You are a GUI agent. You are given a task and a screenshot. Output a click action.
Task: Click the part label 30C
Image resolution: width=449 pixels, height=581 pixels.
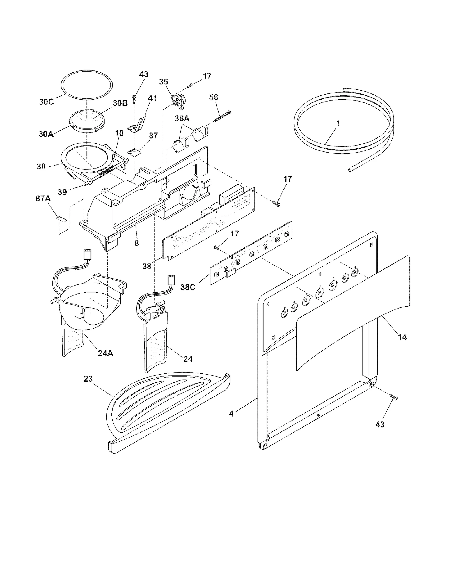tap(46, 102)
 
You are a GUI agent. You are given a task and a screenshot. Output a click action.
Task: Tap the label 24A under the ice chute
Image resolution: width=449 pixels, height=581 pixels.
tap(106, 353)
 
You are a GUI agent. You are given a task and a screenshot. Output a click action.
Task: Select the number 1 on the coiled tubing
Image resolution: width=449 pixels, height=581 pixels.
tap(338, 123)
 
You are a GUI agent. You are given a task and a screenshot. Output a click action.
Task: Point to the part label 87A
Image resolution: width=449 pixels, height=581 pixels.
tap(43, 199)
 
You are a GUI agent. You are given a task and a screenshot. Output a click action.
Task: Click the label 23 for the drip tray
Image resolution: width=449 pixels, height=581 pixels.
tap(88, 379)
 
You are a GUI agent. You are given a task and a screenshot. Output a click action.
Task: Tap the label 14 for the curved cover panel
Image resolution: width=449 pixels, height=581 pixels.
tap(402, 337)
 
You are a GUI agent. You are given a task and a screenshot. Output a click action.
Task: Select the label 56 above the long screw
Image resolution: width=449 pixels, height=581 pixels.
tap(214, 97)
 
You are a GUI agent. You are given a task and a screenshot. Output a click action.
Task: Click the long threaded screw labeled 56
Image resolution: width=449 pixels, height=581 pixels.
tap(223, 116)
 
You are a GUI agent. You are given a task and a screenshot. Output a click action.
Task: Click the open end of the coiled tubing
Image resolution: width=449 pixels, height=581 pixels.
tap(349, 169)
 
